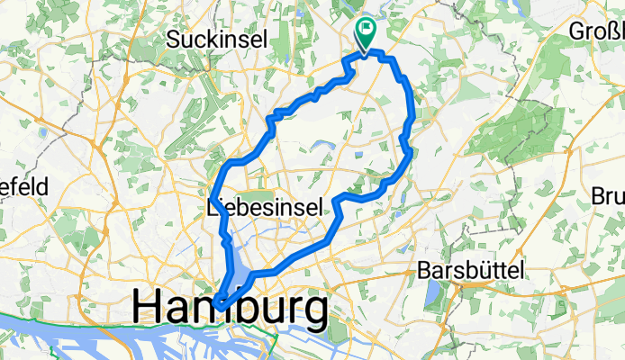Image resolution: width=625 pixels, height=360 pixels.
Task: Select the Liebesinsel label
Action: coord(264,208)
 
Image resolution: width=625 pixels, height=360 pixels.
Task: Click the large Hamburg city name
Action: coord(230,308)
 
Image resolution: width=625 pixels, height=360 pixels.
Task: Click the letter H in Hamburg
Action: coord(149,308)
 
